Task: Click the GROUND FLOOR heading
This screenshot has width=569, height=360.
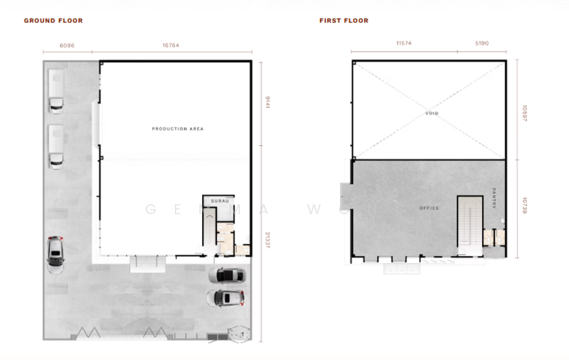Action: point(53,21)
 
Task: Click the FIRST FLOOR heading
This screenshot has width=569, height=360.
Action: point(344,21)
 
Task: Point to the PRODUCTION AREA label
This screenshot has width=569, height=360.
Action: point(178,129)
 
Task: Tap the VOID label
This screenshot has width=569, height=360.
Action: point(432,114)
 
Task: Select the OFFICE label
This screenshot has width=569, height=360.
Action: point(430,208)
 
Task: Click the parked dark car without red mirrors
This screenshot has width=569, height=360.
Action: point(230,275)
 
